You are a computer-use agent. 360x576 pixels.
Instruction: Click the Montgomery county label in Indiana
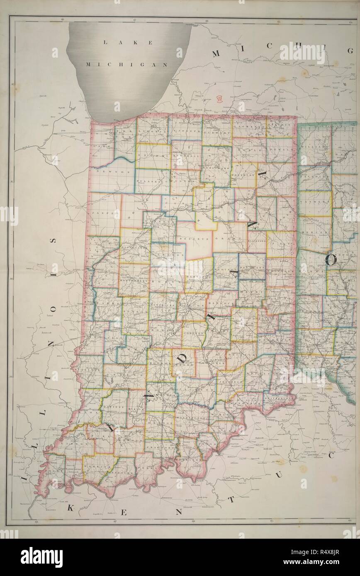[x=134, y=280]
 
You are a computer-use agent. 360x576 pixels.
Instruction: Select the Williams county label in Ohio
[x=314, y=147]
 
